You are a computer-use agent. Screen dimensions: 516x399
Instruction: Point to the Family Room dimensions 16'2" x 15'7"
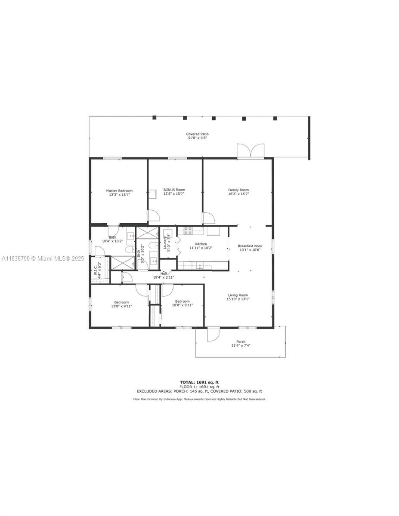pyautogui.click(x=238, y=194)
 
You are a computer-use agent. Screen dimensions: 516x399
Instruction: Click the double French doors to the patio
pyautogui.click(x=250, y=151)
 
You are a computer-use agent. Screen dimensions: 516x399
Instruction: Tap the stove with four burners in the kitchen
pyautogui.click(x=188, y=230)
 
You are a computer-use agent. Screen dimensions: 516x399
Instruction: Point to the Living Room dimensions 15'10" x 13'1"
pyautogui.click(x=238, y=299)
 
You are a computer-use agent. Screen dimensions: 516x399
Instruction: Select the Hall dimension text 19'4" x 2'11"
pyautogui.click(x=164, y=277)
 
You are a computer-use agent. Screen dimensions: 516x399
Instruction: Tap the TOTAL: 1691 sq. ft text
pyautogui.click(x=199, y=382)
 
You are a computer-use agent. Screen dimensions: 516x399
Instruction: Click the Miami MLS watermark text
pyautogui.click(x=43, y=258)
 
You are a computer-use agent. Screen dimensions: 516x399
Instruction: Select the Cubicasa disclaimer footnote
pyautogui.click(x=199, y=399)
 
